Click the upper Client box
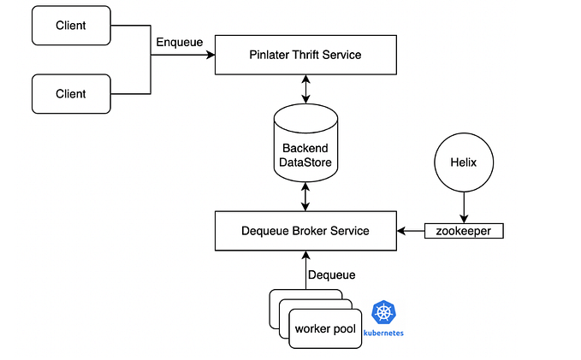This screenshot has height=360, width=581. [72, 26]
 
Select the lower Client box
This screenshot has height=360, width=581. [72, 92]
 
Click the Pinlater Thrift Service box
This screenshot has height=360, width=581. [305, 56]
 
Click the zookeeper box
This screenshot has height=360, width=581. [464, 231]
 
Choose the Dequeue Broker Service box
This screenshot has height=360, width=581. [305, 231]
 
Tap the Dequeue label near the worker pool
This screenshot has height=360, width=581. [331, 275]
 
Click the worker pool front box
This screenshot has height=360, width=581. [325, 329]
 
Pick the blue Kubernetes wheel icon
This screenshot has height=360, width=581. [384, 312]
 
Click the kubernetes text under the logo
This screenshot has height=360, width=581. [384, 333]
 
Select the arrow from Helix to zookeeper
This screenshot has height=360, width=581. [464, 207]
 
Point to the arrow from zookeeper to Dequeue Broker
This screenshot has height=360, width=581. [411, 231]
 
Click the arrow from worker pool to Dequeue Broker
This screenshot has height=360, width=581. [305, 270]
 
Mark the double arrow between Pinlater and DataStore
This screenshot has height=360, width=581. [305, 89]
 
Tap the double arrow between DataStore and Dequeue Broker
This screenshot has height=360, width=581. [305, 198]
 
